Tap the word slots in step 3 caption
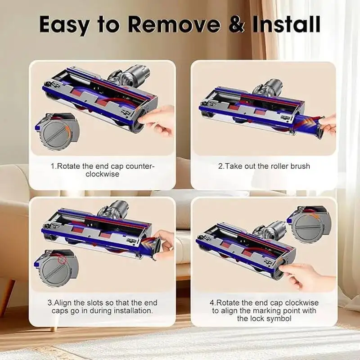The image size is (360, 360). click(x=90, y=303)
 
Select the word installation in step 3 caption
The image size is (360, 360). click(x=131, y=310)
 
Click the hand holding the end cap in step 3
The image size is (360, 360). click(x=164, y=243)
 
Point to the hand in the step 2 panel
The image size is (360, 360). click(x=329, y=124)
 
